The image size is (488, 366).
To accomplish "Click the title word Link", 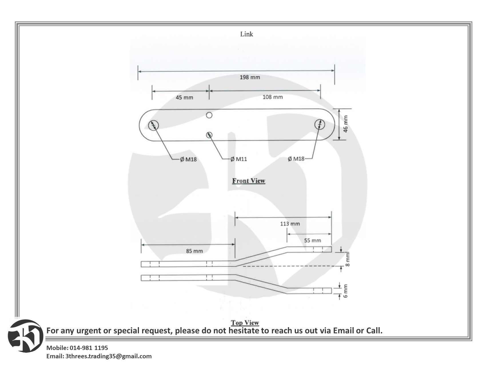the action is click(246, 34).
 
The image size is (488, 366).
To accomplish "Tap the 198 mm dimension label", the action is click(250, 77).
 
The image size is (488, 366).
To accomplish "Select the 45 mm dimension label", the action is click(184, 98).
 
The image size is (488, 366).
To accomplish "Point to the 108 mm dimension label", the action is click(273, 97).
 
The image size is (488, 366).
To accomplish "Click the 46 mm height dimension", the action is click(346, 124).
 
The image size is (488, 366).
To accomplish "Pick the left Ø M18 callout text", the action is click(188, 160).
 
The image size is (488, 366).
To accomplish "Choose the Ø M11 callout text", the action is click(239, 159).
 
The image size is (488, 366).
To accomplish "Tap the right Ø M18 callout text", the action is click(296, 159).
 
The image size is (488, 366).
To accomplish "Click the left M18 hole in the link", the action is click(153, 125).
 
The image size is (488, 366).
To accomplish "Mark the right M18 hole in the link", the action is click(320, 124).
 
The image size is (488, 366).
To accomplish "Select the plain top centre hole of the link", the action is click(209, 115).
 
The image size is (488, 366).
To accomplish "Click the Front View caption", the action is click(249, 181).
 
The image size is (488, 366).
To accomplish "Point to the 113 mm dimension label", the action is click(290, 224).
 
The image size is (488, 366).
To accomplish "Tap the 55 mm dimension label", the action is click(312, 240).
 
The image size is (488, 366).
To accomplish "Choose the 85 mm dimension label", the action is click(194, 251).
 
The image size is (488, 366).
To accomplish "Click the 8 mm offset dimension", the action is click(347, 259).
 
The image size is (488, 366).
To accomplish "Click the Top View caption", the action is click(245, 323).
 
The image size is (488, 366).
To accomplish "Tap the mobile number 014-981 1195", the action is click(89, 348).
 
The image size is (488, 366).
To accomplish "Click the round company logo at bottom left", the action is click(26, 336).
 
